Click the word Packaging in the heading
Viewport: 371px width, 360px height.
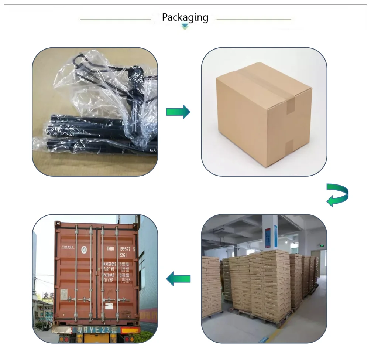185,17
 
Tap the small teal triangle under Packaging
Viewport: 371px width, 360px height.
185,27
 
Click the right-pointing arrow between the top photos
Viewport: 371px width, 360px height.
178,112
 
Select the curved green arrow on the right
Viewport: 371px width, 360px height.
337,195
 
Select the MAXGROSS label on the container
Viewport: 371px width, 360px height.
110,264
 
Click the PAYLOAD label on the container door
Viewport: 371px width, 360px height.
110,275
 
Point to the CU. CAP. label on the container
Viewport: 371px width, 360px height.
110,280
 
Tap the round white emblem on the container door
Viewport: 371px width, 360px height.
84,249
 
